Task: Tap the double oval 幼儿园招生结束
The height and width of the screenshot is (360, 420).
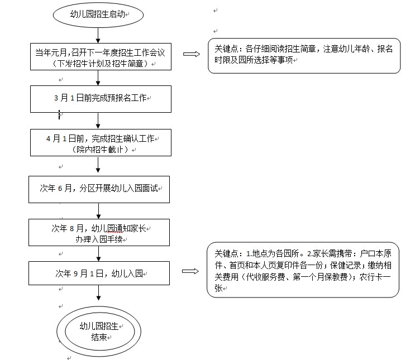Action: [99, 332]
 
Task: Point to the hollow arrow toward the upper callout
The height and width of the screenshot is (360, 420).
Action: [192, 54]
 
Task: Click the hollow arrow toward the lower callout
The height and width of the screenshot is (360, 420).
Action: [190, 271]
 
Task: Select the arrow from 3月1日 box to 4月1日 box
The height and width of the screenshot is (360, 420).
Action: [98, 119]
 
